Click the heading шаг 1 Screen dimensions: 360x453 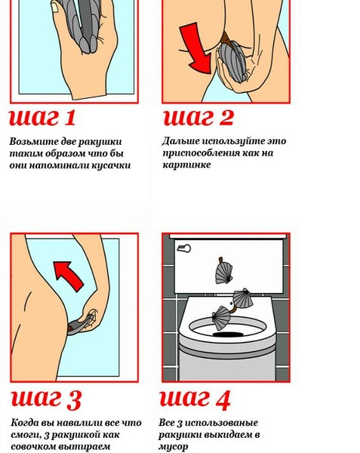tap(42, 118)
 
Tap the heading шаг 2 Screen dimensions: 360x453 tap(198, 118)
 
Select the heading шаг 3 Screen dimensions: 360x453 tap(46, 400)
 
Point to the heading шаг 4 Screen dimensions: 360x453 tap(195, 400)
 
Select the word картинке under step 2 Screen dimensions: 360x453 tap(186, 165)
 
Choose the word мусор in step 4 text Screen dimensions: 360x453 tap(173, 447)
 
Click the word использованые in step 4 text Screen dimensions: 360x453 tap(221, 423)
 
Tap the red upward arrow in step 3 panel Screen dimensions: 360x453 tap(69, 276)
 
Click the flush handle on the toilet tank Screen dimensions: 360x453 tap(183, 248)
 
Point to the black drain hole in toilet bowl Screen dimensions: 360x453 tap(228, 334)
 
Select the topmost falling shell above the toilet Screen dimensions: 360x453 tap(223, 272)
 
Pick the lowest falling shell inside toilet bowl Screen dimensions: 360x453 tap(220, 318)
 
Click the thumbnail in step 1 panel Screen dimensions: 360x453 tap(55, 8)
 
